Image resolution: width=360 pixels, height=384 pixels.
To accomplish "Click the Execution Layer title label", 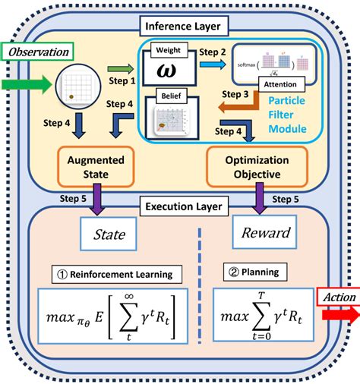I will (x=180, y=205).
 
